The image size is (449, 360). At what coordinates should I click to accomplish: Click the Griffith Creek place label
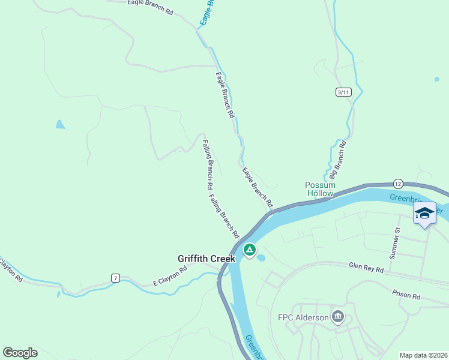[204, 259]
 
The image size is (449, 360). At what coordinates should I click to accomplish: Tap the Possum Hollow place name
[319, 189]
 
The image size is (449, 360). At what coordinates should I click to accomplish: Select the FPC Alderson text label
[303, 317]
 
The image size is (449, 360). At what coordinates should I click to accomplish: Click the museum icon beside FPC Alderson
[338, 317]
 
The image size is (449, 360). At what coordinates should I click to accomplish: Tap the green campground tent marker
[249, 249]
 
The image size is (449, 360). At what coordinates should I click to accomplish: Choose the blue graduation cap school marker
[424, 214]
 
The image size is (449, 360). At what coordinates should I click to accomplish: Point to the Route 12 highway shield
[398, 182]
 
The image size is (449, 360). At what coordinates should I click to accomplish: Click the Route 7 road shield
[115, 278]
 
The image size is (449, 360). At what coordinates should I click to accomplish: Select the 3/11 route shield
[343, 92]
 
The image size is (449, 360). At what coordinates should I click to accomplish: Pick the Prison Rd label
[406, 295]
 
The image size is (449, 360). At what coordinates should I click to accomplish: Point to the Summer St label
[395, 243]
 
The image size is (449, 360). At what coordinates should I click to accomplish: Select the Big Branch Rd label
[338, 160]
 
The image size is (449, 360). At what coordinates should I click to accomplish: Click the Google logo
[19, 353]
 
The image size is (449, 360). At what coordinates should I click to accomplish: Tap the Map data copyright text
[423, 355]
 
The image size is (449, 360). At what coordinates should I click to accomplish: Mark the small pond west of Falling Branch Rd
[59, 125]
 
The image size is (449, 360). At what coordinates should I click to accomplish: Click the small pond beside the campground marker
[261, 258]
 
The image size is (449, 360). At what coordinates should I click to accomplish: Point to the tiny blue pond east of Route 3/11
[436, 79]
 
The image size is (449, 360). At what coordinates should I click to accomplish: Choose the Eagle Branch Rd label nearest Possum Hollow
[258, 188]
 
